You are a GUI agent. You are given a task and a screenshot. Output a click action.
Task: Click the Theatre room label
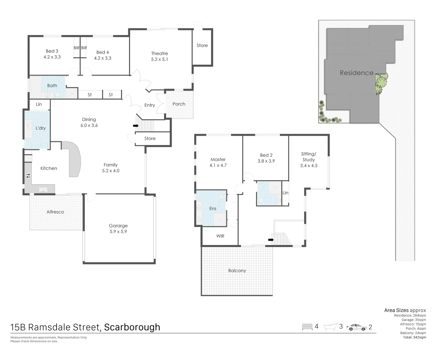159,53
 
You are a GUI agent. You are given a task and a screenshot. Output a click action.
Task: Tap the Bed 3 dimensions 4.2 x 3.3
52,57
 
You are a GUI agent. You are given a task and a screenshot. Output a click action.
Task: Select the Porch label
179,104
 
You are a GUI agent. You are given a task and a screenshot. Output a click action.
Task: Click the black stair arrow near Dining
136,126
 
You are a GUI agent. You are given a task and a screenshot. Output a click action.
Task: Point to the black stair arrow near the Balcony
271,240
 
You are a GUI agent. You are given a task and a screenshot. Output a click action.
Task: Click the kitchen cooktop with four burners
28,175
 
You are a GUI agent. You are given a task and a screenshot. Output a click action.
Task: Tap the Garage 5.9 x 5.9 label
118,229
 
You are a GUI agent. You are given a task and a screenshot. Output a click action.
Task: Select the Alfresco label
55,212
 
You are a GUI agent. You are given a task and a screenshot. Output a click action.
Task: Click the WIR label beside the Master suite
220,236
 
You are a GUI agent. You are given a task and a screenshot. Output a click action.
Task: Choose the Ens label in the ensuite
213,209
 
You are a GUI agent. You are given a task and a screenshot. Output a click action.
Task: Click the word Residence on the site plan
356,73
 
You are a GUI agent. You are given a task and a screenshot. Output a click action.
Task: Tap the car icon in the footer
356,327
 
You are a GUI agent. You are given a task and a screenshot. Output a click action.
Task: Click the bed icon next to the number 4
307,327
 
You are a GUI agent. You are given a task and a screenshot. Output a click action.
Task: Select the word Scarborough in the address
132,327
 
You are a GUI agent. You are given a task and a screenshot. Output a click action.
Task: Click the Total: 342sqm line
414,337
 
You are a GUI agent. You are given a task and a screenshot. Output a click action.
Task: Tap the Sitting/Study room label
309,160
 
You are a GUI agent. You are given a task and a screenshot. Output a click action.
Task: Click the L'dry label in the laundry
41,128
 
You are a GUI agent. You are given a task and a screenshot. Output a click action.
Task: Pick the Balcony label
237,271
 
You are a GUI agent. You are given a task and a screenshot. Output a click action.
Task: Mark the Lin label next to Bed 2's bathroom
285,193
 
